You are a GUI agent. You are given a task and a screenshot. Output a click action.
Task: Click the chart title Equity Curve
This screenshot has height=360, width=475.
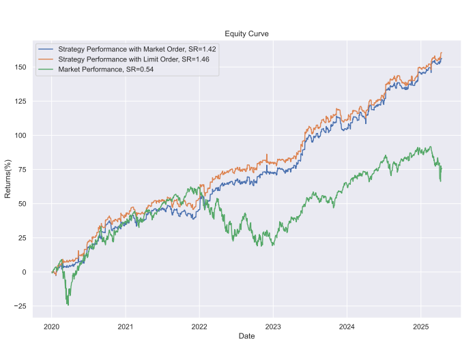click(246, 34)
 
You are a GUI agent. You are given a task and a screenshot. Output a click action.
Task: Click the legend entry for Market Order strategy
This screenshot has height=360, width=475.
click(136, 50)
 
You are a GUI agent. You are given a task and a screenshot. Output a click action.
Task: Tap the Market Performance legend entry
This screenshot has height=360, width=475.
click(106, 69)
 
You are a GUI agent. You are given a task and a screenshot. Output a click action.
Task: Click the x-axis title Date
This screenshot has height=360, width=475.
click(246, 337)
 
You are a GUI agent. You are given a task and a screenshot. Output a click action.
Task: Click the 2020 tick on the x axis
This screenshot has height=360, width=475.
click(52, 326)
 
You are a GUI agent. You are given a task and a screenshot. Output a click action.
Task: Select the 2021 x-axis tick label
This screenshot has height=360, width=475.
click(126, 326)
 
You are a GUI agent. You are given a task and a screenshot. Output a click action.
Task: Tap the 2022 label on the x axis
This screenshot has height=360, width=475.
click(199, 326)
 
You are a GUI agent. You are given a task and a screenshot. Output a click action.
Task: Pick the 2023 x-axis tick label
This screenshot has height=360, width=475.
click(273, 326)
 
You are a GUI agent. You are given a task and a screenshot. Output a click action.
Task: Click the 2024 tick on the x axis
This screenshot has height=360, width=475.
click(347, 326)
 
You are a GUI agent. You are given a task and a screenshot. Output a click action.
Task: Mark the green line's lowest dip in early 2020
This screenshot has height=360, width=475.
click(68, 304)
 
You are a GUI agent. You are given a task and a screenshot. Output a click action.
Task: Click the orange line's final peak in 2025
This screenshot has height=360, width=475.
click(442, 53)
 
